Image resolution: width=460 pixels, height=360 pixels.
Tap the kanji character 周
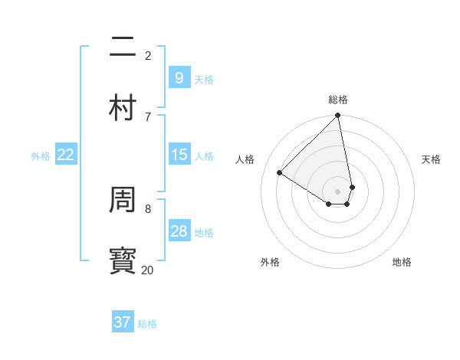click(x=123, y=200)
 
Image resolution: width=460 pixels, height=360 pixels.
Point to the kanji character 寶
click(x=123, y=261)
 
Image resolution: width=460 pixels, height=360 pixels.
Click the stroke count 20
click(x=147, y=270)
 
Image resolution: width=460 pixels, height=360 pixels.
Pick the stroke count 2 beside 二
click(x=148, y=55)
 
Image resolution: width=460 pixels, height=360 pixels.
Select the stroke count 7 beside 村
click(x=148, y=116)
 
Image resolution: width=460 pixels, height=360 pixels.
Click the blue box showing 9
click(x=179, y=78)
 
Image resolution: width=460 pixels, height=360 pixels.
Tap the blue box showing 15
click(x=179, y=155)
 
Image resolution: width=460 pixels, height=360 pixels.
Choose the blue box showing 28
click(x=179, y=231)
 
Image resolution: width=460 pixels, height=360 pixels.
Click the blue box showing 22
click(x=66, y=155)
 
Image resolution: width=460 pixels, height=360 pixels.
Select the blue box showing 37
click(x=123, y=322)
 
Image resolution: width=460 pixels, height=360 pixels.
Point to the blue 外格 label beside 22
click(x=41, y=155)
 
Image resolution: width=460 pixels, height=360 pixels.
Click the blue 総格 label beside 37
click(x=147, y=324)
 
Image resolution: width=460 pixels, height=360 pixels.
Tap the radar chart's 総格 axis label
click(x=338, y=100)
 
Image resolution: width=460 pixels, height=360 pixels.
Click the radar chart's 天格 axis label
click(x=431, y=159)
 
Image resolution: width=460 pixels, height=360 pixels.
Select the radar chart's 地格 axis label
click(x=402, y=262)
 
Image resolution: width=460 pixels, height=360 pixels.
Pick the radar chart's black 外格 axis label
click(x=270, y=262)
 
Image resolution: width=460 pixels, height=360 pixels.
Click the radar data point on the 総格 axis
click(x=338, y=116)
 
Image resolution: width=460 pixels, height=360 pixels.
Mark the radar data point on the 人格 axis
click(x=280, y=173)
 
